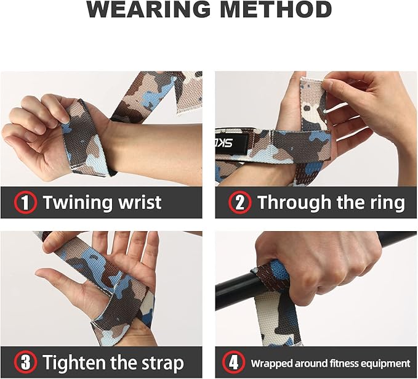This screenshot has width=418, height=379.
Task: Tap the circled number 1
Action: pos(25,203)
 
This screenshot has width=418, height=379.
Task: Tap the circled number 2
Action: pos(239,203)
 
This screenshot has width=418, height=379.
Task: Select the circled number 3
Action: pos(25,362)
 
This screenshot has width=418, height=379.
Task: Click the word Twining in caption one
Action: pos(78,203)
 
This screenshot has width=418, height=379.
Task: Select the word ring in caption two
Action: pos(385,203)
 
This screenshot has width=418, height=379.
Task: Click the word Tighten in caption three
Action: pos(79,362)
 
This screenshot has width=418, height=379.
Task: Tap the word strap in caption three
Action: pos(161,362)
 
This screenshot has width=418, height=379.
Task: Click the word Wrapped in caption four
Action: pos(274,363)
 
